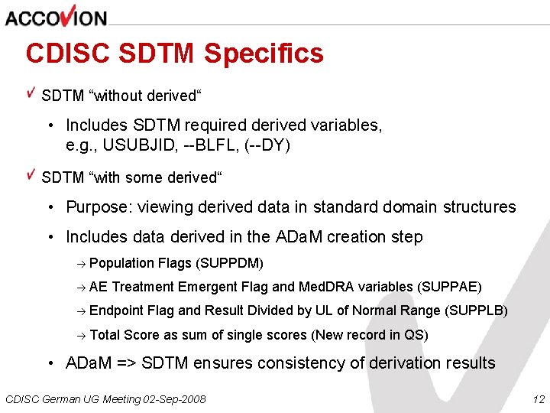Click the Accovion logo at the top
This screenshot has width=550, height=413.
point(56,16)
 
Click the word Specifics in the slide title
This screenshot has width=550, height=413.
point(264,54)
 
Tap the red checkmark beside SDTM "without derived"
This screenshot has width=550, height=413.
point(31,93)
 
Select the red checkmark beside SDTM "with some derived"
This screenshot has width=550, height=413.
point(31,174)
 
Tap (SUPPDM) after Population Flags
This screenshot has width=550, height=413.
point(230,264)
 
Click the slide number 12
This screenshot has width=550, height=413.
point(538,399)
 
